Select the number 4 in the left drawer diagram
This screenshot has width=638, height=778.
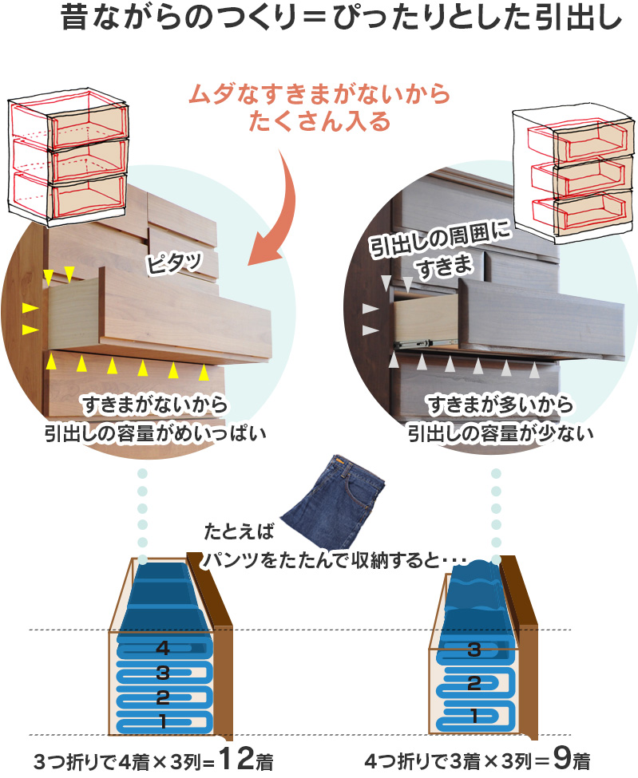coord(163,647)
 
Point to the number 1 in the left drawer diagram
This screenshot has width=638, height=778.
coord(163,722)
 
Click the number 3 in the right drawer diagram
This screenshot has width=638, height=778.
coord(474,650)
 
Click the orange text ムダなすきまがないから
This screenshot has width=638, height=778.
coord(319,95)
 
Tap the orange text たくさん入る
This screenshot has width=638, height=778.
coord(319,122)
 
